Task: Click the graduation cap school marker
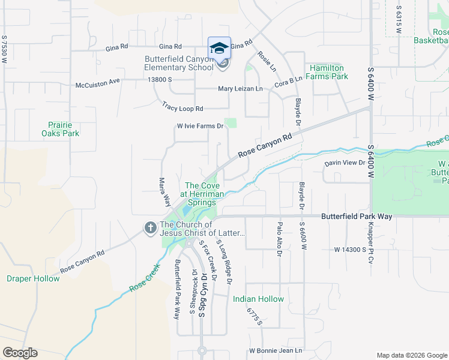(x=220, y=47)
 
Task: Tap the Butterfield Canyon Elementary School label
(x=179, y=63)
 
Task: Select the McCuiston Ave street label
(x=98, y=85)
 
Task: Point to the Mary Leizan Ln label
(x=240, y=89)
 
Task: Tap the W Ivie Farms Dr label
(x=200, y=126)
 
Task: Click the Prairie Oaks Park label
(x=63, y=129)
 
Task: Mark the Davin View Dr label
(x=345, y=163)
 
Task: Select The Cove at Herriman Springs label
(x=200, y=194)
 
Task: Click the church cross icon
(x=149, y=227)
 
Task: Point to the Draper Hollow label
(x=33, y=278)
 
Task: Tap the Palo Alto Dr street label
(x=279, y=239)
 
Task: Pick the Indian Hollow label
(x=258, y=299)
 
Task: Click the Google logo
(x=20, y=353)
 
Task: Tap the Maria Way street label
(x=162, y=191)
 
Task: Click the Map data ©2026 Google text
(x=411, y=355)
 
